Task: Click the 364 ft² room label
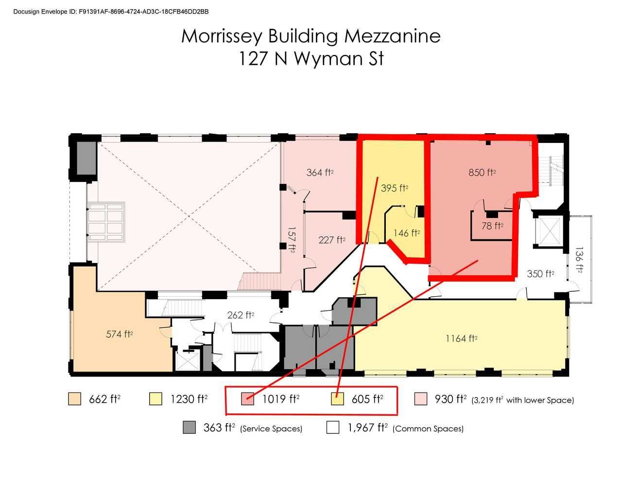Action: click(x=320, y=172)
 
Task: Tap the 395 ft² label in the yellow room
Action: click(x=395, y=188)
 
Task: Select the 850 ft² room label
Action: click(x=482, y=172)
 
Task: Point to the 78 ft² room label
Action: click(x=492, y=226)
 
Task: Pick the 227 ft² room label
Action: click(x=332, y=240)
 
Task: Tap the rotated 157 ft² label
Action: click(x=291, y=239)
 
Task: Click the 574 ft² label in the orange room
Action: click(x=120, y=334)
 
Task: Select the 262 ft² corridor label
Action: click(x=241, y=315)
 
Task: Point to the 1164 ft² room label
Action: click(x=461, y=338)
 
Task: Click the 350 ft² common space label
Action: click(x=541, y=274)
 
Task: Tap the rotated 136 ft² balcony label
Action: click(x=579, y=262)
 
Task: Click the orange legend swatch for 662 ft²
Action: click(x=74, y=399)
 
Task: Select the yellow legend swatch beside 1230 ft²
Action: click(x=155, y=399)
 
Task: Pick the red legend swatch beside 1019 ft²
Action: click(x=248, y=399)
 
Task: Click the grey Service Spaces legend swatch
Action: click(x=189, y=428)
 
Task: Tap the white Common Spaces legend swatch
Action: click(x=333, y=428)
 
